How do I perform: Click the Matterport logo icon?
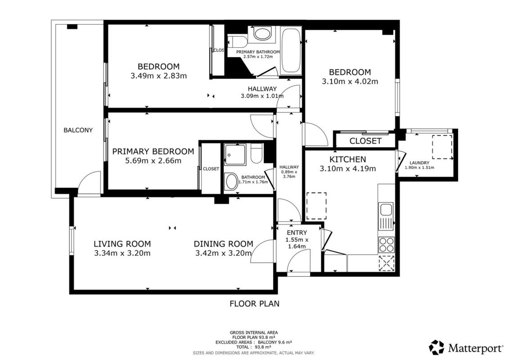pyautogui.click(x=437, y=347)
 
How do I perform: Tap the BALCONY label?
pyautogui.click(x=78, y=130)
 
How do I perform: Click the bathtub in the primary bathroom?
pyautogui.click(x=291, y=51)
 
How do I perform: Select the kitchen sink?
pyautogui.click(x=386, y=209)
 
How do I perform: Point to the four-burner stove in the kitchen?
pyautogui.click(x=386, y=245)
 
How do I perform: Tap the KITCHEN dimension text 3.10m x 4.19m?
pyautogui.click(x=348, y=168)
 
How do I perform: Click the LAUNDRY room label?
pyautogui.click(x=419, y=162)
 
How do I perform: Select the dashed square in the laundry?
pyautogui.click(x=442, y=147)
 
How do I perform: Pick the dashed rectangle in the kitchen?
pyautogui.click(x=316, y=206)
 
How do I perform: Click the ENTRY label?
pyautogui.click(x=297, y=233)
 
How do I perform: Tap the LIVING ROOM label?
pyautogui.click(x=122, y=244)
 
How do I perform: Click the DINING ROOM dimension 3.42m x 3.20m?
pyautogui.click(x=223, y=253)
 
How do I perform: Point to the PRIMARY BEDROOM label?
pyautogui.click(x=153, y=151)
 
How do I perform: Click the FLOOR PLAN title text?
pyautogui.click(x=255, y=303)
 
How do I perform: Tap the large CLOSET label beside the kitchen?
pyautogui.click(x=365, y=141)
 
